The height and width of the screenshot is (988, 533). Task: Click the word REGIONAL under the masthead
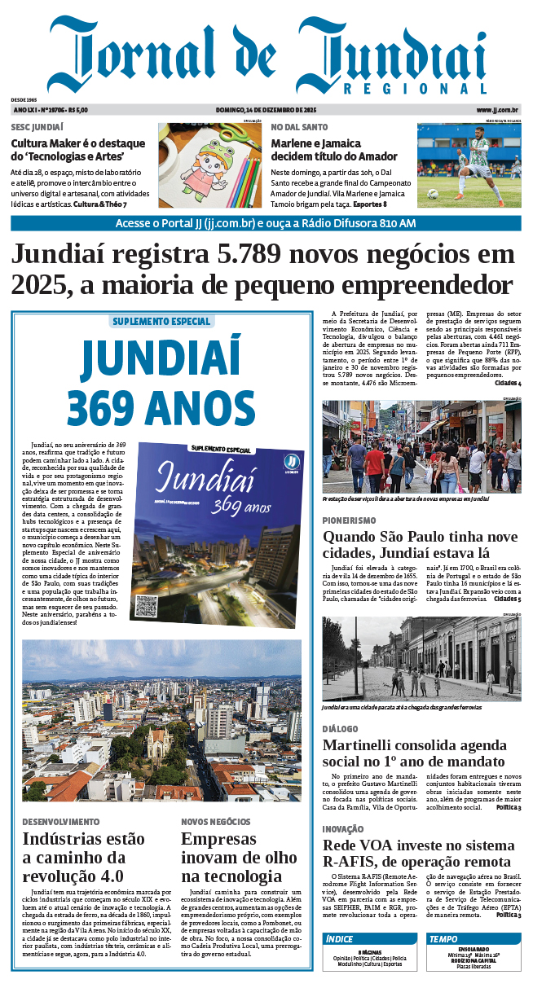(x=416, y=89)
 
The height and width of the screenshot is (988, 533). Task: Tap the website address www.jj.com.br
(x=498, y=110)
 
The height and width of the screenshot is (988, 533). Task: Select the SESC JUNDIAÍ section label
(x=37, y=128)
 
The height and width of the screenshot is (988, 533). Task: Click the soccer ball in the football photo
(x=432, y=194)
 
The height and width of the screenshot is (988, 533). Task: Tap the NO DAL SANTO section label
(x=299, y=128)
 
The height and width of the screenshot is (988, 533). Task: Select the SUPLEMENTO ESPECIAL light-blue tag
(x=161, y=322)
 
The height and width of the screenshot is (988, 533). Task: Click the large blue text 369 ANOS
(x=161, y=406)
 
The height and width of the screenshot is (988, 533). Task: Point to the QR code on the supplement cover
(x=147, y=605)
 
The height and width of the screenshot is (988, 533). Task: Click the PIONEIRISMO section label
(x=349, y=520)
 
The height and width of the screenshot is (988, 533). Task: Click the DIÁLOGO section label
(x=341, y=729)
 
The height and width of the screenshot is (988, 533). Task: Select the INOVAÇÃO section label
(x=344, y=829)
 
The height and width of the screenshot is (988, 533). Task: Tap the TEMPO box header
(x=443, y=939)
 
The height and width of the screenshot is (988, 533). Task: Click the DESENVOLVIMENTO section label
(x=60, y=822)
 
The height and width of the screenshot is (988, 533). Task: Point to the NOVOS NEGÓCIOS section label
(x=215, y=822)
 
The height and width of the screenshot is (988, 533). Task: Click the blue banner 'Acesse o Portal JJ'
(x=266, y=223)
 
